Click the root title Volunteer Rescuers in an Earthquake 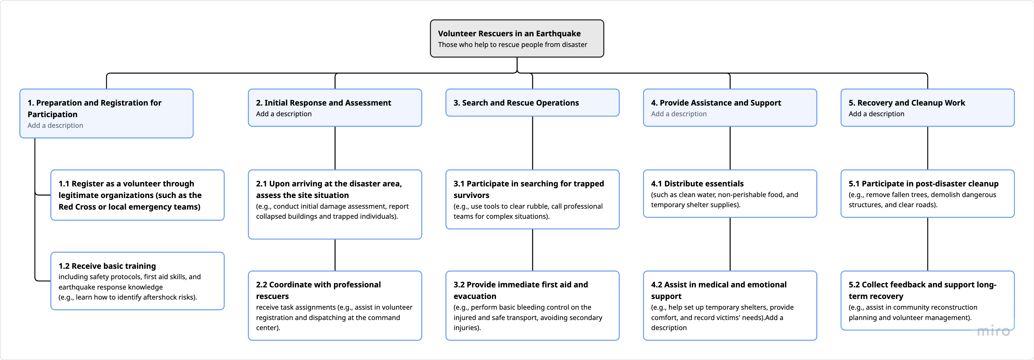509,34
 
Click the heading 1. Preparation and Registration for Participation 94,108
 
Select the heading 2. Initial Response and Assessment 324,103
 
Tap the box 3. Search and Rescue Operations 532,103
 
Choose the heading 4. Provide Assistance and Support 716,103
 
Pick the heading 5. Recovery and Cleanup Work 906,103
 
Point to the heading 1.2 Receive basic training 107,266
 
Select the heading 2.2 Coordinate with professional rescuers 318,290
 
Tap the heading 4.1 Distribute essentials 697,183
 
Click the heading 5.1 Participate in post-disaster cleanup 923,183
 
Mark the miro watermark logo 993,331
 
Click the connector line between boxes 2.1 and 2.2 335,255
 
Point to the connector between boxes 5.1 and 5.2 927,244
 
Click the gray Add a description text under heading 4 678,114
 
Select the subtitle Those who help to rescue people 512,45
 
